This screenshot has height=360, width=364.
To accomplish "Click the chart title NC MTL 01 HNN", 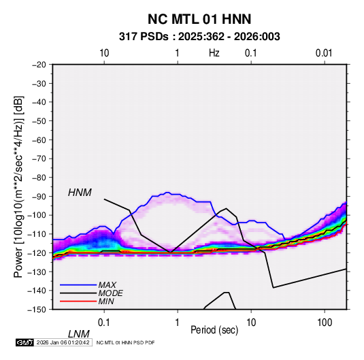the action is pyautogui.click(x=199, y=19).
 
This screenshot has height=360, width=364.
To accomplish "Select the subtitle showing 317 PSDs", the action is pyautogui.click(x=199, y=37).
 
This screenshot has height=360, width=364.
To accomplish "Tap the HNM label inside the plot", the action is pyautogui.click(x=80, y=193).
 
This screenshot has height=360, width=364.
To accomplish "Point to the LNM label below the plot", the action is pyautogui.click(x=78, y=334).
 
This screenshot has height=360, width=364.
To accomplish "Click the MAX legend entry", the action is pyautogui.click(x=107, y=284).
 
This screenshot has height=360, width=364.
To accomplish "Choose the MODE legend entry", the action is pyautogui.click(x=110, y=293).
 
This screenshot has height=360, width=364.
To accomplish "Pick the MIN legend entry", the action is pyautogui.click(x=106, y=301).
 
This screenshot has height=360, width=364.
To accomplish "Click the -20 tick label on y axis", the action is pyautogui.click(x=39, y=65).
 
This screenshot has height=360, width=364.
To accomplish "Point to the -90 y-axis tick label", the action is pyautogui.click(x=39, y=196).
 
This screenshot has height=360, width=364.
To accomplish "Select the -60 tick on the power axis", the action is pyautogui.click(x=39, y=140).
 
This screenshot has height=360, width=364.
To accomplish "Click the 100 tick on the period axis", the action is pyautogui.click(x=325, y=323).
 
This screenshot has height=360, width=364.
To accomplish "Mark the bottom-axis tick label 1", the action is pyautogui.click(x=178, y=323).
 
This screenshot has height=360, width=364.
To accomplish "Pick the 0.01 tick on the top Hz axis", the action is pyautogui.click(x=324, y=53).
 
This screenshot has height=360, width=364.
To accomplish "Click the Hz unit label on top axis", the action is pyautogui.click(x=214, y=53).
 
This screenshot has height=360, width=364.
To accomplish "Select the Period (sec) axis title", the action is pyautogui.click(x=214, y=330).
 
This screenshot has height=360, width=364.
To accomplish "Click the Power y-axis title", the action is pyautogui.click(x=18, y=187).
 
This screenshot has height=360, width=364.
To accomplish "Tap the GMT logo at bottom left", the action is pyautogui.click(x=25, y=342).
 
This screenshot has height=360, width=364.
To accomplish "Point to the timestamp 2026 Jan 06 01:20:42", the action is pyautogui.click(x=63, y=342).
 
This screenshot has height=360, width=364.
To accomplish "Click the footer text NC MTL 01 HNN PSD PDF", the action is pyautogui.click(x=125, y=342).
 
